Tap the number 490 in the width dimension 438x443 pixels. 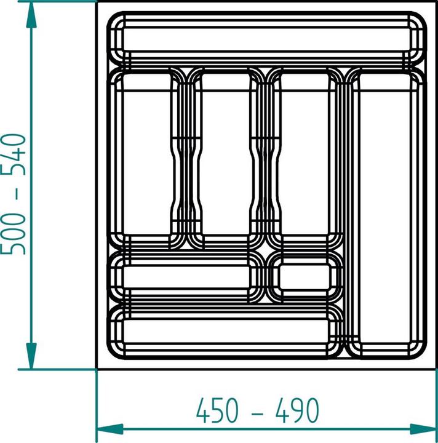pos(298,409)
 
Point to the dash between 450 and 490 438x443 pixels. pos(257,410)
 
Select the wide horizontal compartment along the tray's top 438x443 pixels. pos(267,41)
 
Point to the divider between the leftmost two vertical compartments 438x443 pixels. pos(185,154)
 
